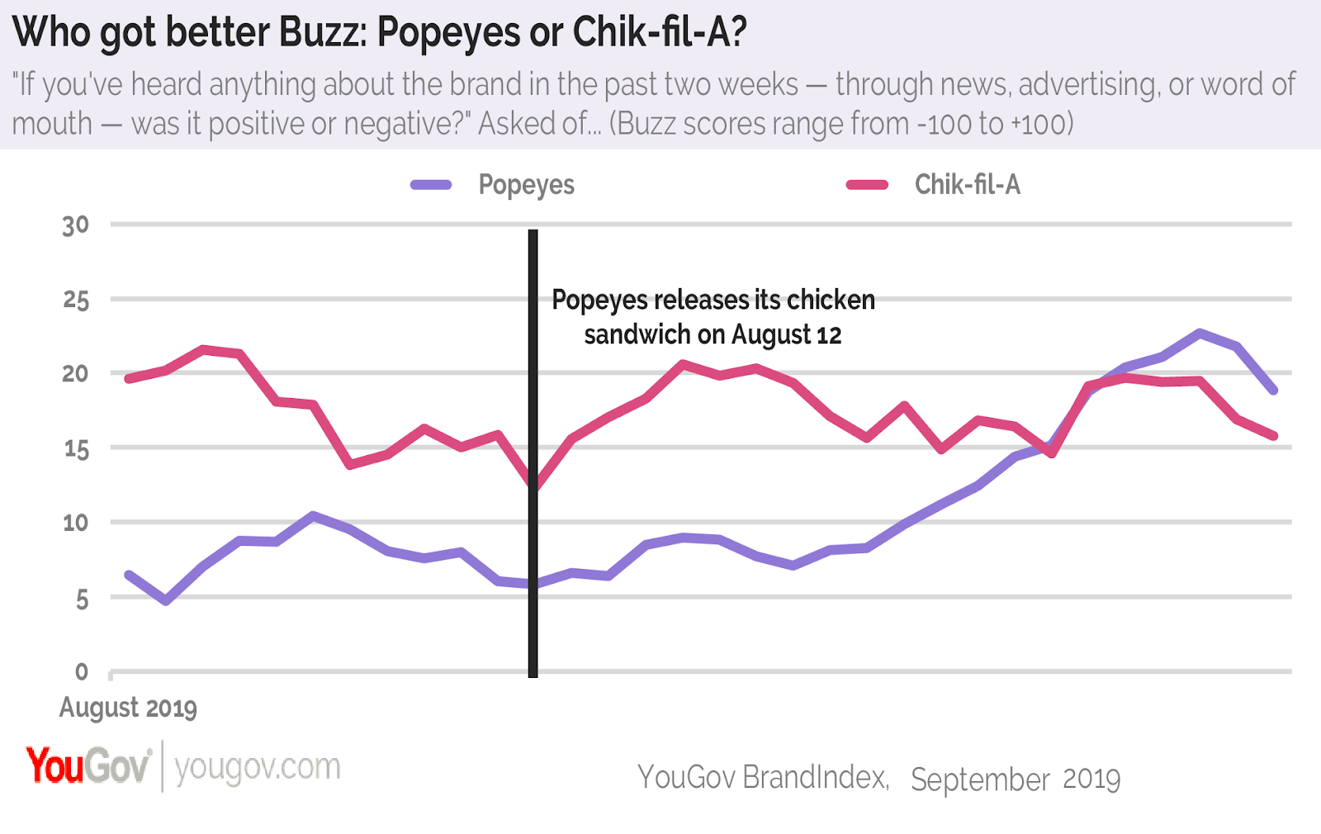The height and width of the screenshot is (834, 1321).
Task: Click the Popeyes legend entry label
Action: coord(526,185)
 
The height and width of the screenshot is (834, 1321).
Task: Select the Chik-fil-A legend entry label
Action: coord(967,185)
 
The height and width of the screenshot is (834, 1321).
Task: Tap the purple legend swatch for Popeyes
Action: coord(431,185)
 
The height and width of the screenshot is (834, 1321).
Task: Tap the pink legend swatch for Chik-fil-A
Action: coord(867,185)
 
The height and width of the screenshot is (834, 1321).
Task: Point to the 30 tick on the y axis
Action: coord(75,225)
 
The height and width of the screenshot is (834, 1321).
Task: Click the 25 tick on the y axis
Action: coord(75,300)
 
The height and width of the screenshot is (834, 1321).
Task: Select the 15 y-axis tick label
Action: coord(75,449)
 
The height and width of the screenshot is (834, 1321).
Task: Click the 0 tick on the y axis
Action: coord(81,672)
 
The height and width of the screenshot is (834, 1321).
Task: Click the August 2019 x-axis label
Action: coord(128,708)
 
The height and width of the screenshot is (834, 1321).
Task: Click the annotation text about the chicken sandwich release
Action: coord(713,317)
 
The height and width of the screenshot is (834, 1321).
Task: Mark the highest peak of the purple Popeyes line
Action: coord(1199,333)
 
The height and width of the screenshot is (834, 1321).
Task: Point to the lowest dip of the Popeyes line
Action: coord(167,600)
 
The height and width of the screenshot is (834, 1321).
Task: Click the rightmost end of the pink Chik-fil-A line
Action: coord(1274,435)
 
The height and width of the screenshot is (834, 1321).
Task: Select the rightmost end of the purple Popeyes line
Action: coord(1274,390)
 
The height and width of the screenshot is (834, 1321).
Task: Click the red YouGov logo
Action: coord(88,766)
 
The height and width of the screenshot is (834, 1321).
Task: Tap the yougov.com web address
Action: coord(258,767)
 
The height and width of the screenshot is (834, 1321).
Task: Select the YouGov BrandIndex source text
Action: coord(763,778)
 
